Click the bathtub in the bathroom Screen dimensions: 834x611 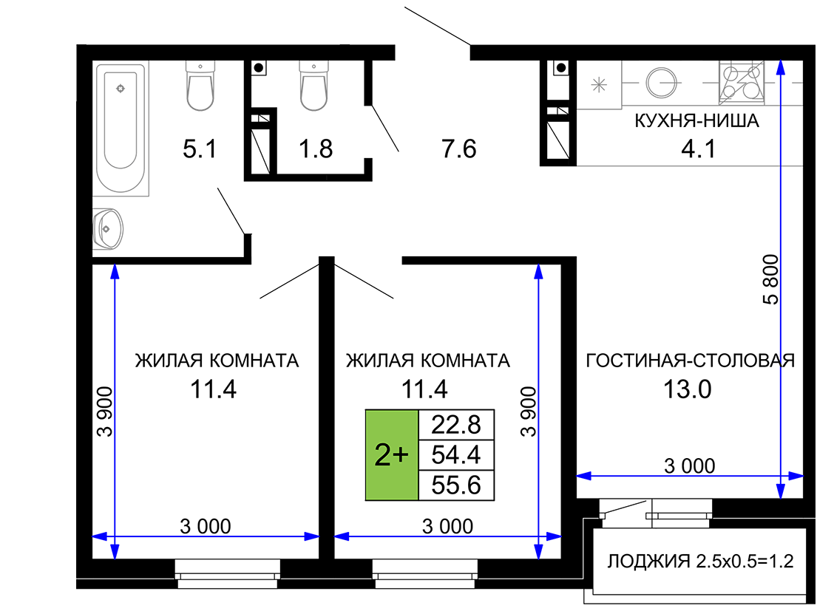click(121, 129)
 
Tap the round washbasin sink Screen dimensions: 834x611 click(109, 229)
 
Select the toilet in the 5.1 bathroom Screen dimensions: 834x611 click(200, 86)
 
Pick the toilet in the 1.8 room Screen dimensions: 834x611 click(313, 86)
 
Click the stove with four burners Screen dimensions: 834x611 click(742, 82)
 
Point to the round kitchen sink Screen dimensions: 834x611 click(661, 82)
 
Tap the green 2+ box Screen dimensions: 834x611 click(391, 455)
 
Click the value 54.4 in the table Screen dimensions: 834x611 click(456, 455)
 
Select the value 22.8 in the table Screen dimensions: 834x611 click(456, 425)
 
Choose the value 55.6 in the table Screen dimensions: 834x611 click(456, 485)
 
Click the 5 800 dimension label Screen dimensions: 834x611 click(770, 279)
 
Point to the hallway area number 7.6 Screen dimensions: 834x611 click(458, 149)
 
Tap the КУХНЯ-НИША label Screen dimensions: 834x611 click(696, 120)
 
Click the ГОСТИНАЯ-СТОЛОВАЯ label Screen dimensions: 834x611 click(690, 361)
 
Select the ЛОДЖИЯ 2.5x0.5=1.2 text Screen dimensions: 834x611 click(700, 561)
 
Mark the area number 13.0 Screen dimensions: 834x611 click(687, 389)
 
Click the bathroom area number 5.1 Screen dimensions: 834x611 click(200, 149)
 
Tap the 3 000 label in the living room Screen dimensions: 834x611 click(689, 466)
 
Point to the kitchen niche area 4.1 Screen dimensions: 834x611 click(699, 149)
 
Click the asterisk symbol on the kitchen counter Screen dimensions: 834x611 click(599, 85)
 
